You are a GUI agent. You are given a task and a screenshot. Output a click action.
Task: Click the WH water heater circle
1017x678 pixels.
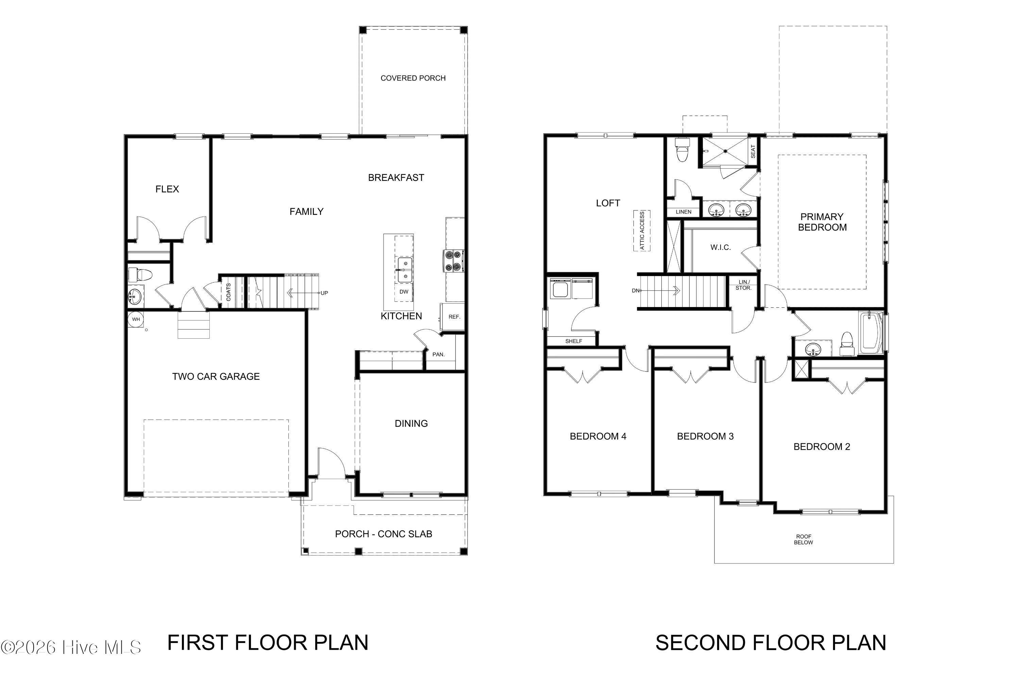point(136,320)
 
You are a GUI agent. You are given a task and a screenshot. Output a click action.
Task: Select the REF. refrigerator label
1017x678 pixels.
point(454,317)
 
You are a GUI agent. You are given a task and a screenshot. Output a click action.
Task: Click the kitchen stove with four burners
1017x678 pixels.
point(453,261)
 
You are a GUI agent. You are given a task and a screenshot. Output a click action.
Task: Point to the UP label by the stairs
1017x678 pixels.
point(324,293)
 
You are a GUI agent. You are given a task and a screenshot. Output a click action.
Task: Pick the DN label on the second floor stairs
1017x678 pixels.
point(635,291)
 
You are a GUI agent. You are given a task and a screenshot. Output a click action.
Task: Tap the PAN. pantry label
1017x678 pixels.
point(438,355)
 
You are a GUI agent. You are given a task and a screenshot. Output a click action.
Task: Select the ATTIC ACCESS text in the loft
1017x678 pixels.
point(642,231)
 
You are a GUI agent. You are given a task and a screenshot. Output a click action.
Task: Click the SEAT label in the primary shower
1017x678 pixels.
point(753,151)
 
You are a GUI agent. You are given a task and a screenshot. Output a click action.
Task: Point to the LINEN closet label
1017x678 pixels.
point(684,212)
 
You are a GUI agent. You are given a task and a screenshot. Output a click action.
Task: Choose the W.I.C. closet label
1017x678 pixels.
point(721,247)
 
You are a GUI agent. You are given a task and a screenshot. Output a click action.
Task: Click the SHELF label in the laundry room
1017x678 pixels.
point(574,341)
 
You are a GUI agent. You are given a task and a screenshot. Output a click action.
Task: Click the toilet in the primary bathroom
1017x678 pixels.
point(682,150)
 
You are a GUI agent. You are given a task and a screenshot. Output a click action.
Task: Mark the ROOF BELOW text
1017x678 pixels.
point(803,540)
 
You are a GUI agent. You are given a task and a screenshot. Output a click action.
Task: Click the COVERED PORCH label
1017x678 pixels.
point(413,78)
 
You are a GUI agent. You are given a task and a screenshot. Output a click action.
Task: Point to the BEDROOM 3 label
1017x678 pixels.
point(705,436)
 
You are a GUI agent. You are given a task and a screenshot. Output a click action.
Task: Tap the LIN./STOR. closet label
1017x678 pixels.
point(744,285)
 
